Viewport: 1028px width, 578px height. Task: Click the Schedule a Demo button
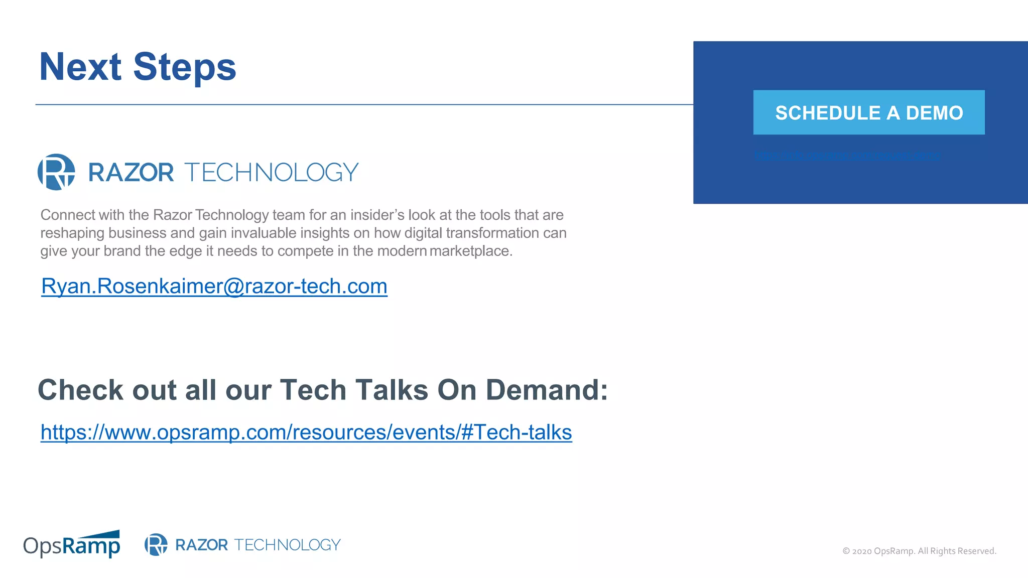tap(868, 112)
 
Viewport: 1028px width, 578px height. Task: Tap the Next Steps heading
tap(138, 67)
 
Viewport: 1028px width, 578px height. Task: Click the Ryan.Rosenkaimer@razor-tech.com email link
tap(214, 286)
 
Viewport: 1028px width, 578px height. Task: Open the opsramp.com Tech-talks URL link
tap(306, 432)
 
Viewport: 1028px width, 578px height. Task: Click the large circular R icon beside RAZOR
tap(56, 172)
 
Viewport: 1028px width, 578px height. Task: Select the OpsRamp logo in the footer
tap(72, 544)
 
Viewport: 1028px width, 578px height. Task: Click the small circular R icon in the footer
tap(156, 544)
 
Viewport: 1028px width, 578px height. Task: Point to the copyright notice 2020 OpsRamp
tap(919, 551)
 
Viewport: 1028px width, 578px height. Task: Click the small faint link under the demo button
tap(847, 156)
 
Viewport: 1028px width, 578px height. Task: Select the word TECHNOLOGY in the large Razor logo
tap(272, 172)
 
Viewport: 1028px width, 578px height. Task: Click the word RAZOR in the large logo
tap(131, 172)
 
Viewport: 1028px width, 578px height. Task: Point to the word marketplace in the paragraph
tap(470, 251)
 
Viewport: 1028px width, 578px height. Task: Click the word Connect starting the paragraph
tap(68, 215)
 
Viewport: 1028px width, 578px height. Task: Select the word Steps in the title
tap(184, 67)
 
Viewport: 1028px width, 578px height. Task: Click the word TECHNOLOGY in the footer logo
tap(287, 544)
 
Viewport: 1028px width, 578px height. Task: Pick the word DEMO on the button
tap(934, 113)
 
